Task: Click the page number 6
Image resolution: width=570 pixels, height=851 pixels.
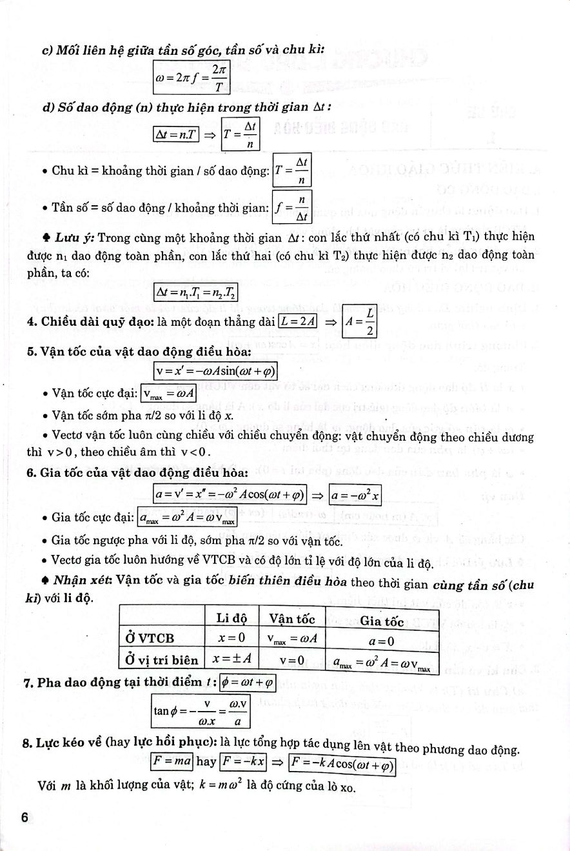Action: point(25,817)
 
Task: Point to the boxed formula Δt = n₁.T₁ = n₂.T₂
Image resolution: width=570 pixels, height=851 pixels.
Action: point(195,293)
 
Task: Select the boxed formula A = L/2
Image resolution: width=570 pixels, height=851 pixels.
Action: point(359,321)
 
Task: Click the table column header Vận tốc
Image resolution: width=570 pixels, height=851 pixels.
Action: point(291,619)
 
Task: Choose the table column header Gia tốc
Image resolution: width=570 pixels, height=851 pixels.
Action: point(382,621)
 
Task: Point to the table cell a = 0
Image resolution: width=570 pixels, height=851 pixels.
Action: point(382,642)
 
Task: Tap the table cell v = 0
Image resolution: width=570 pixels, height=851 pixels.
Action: point(291,660)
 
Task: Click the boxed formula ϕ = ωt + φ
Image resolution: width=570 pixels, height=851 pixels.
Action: point(248,681)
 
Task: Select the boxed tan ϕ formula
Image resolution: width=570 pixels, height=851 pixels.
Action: point(200,710)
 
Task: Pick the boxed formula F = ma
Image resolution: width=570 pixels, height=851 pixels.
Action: point(172,761)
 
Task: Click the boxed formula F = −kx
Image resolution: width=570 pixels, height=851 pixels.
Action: point(242,761)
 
